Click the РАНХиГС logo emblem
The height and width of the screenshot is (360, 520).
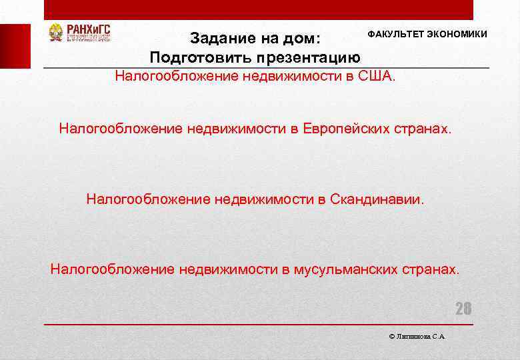point(56,33)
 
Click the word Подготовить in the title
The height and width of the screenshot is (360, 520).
point(195,56)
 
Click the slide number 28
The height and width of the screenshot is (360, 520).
point(463,309)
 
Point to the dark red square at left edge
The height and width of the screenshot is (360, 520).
point(15,46)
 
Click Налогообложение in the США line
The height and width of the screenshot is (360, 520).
point(167,75)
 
